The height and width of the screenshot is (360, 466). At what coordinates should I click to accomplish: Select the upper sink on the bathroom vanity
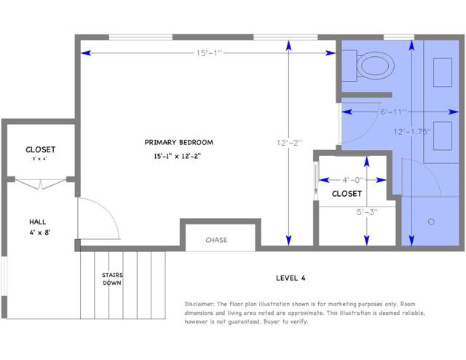click(443, 74)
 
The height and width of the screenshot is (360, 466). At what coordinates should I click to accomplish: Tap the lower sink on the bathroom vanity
click(443, 135)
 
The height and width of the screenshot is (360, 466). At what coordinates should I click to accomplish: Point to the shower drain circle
click(431, 221)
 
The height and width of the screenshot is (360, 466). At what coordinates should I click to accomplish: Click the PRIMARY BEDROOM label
click(178, 142)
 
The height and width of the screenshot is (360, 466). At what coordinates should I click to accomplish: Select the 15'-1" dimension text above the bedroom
click(208, 52)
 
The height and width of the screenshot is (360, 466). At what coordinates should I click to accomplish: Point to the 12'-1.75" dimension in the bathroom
click(411, 131)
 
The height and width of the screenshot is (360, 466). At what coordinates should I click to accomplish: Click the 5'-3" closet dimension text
click(366, 213)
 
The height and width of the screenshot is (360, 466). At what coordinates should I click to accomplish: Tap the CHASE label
click(216, 240)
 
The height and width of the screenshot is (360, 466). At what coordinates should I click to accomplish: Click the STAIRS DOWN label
click(111, 278)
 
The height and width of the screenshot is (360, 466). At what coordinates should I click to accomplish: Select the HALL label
click(39, 222)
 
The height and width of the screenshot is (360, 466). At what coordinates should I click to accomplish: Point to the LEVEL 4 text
click(291, 277)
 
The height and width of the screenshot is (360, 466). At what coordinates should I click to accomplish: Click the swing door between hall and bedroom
click(98, 219)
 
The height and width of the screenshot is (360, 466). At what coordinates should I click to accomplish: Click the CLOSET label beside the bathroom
click(347, 194)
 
